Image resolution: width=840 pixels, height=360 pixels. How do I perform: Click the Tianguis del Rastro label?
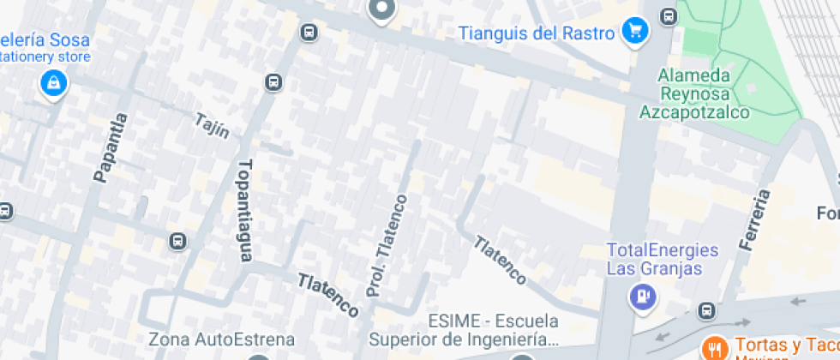(537, 33)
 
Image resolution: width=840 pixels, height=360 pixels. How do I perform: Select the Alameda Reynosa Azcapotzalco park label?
(694, 93)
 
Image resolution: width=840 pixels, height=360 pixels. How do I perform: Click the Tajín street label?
(212, 125)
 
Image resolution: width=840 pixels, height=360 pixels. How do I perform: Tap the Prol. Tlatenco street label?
(387, 246)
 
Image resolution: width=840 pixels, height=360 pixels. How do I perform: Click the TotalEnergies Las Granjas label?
(662, 259)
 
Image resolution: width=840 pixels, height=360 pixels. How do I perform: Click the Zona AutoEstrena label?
(221, 339)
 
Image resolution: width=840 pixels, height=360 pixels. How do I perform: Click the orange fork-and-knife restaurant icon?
(713, 347)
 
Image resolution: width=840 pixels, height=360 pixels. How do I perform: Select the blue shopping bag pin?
(53, 83)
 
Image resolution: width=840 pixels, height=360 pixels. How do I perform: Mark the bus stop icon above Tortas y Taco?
(706, 310)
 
